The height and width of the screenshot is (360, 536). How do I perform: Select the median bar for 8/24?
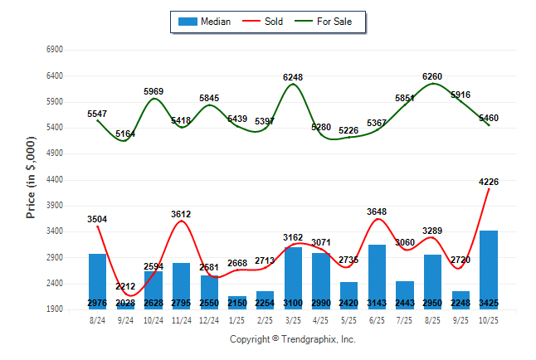(97, 281)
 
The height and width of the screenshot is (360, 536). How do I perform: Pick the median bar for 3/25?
(293, 278)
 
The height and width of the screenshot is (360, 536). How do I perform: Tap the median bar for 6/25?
(377, 277)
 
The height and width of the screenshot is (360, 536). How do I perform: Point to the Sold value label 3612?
(181, 214)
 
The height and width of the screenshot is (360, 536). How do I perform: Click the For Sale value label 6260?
(432, 76)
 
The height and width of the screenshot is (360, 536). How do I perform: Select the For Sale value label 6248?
(293, 77)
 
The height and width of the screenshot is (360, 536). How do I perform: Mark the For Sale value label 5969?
(153, 91)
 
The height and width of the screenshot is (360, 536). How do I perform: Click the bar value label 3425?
(489, 302)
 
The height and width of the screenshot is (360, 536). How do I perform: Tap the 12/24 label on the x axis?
(209, 320)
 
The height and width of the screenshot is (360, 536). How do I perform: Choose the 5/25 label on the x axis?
(348, 320)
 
